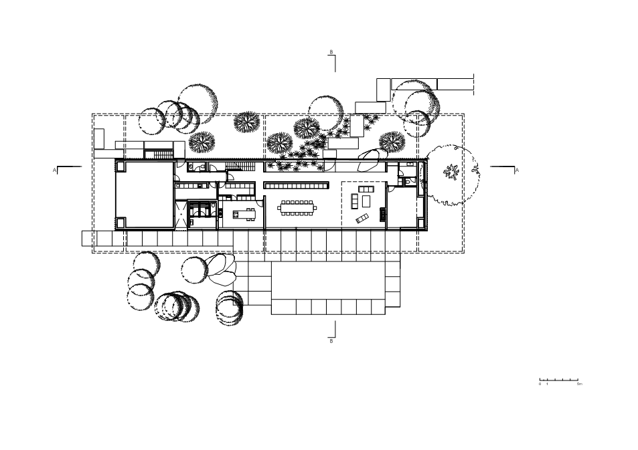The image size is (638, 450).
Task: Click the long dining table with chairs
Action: click(x=297, y=207)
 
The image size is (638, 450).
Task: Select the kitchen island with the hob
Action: click(x=244, y=214)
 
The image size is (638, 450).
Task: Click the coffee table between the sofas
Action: click(x=366, y=201)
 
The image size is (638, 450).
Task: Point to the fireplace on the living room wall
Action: click(x=383, y=214)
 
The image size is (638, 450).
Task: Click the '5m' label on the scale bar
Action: click(x=579, y=384)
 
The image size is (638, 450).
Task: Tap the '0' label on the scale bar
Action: click(x=540, y=384)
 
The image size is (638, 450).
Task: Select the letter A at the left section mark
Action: click(x=54, y=171)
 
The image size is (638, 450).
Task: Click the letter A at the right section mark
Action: click(x=517, y=171)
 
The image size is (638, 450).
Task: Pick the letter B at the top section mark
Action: click(x=331, y=52)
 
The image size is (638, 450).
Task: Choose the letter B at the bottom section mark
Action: click(x=331, y=342)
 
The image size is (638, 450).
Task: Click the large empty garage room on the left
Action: click(x=145, y=195)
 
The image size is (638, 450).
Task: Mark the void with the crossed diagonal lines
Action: click(x=181, y=214)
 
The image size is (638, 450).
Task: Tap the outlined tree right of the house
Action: click(x=452, y=173)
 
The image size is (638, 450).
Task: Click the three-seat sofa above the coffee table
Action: click(x=366, y=190)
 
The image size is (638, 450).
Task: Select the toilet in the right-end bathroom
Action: click(x=407, y=181)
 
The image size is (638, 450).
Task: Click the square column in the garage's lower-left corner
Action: click(x=121, y=223)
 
